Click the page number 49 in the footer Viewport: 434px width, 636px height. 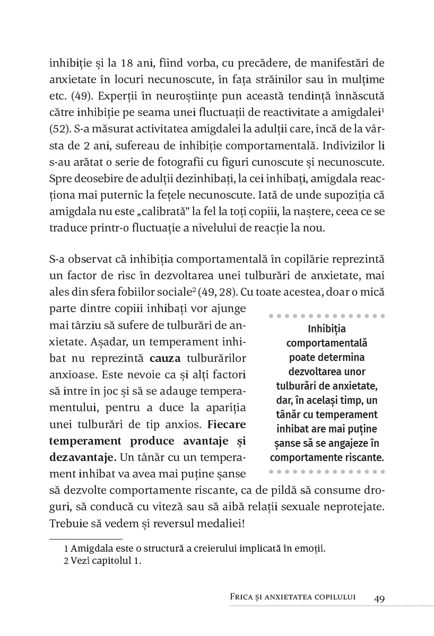(379, 598)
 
